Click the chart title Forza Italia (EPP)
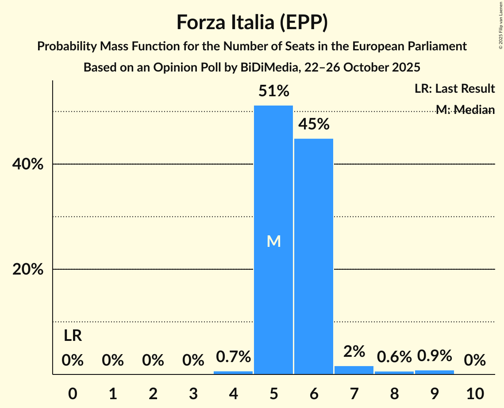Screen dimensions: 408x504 click(x=252, y=22)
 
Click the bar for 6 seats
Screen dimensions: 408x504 click(x=314, y=256)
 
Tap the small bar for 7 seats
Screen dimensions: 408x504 click(x=354, y=370)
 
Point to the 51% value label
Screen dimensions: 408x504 click(x=273, y=91)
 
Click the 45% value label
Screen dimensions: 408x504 click(x=314, y=125)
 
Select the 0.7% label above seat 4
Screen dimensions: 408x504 click(x=233, y=356)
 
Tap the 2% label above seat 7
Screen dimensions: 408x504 click(x=354, y=351)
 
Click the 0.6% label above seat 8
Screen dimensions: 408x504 click(x=394, y=356)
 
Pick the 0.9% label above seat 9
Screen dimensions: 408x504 click(x=435, y=355)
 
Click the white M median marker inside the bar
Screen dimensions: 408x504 click(x=273, y=241)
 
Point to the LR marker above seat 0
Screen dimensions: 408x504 click(x=73, y=336)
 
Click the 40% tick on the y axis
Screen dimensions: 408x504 click(x=27, y=164)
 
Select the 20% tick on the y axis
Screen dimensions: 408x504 click(x=27, y=269)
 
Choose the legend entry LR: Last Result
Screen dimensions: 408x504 click(x=454, y=89)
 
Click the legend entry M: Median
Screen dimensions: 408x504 click(x=465, y=110)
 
